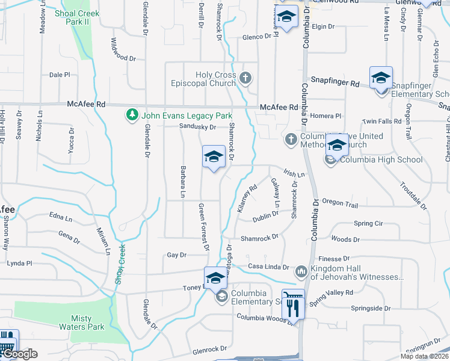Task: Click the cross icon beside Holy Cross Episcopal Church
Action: point(245,78)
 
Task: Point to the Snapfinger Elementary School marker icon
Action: point(381,79)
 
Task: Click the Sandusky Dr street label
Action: point(197,127)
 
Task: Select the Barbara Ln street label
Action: point(181,181)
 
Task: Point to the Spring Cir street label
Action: point(368,223)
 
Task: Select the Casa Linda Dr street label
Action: point(268,267)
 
